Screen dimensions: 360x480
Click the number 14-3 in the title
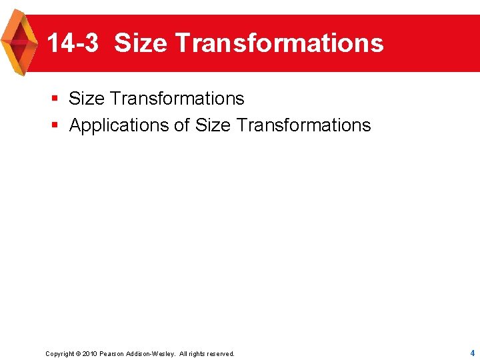point(73,43)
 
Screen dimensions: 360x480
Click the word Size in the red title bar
point(141,43)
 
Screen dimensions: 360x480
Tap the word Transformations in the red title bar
point(279,43)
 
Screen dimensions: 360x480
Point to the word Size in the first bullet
point(87,99)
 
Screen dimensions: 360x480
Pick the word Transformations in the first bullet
point(177,99)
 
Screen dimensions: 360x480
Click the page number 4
point(472,353)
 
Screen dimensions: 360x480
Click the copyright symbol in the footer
point(77,354)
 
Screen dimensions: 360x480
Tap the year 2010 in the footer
point(89,354)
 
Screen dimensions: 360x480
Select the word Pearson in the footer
point(111,354)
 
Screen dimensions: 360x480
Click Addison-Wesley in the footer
point(151,354)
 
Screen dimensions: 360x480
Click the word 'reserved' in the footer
point(221,354)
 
